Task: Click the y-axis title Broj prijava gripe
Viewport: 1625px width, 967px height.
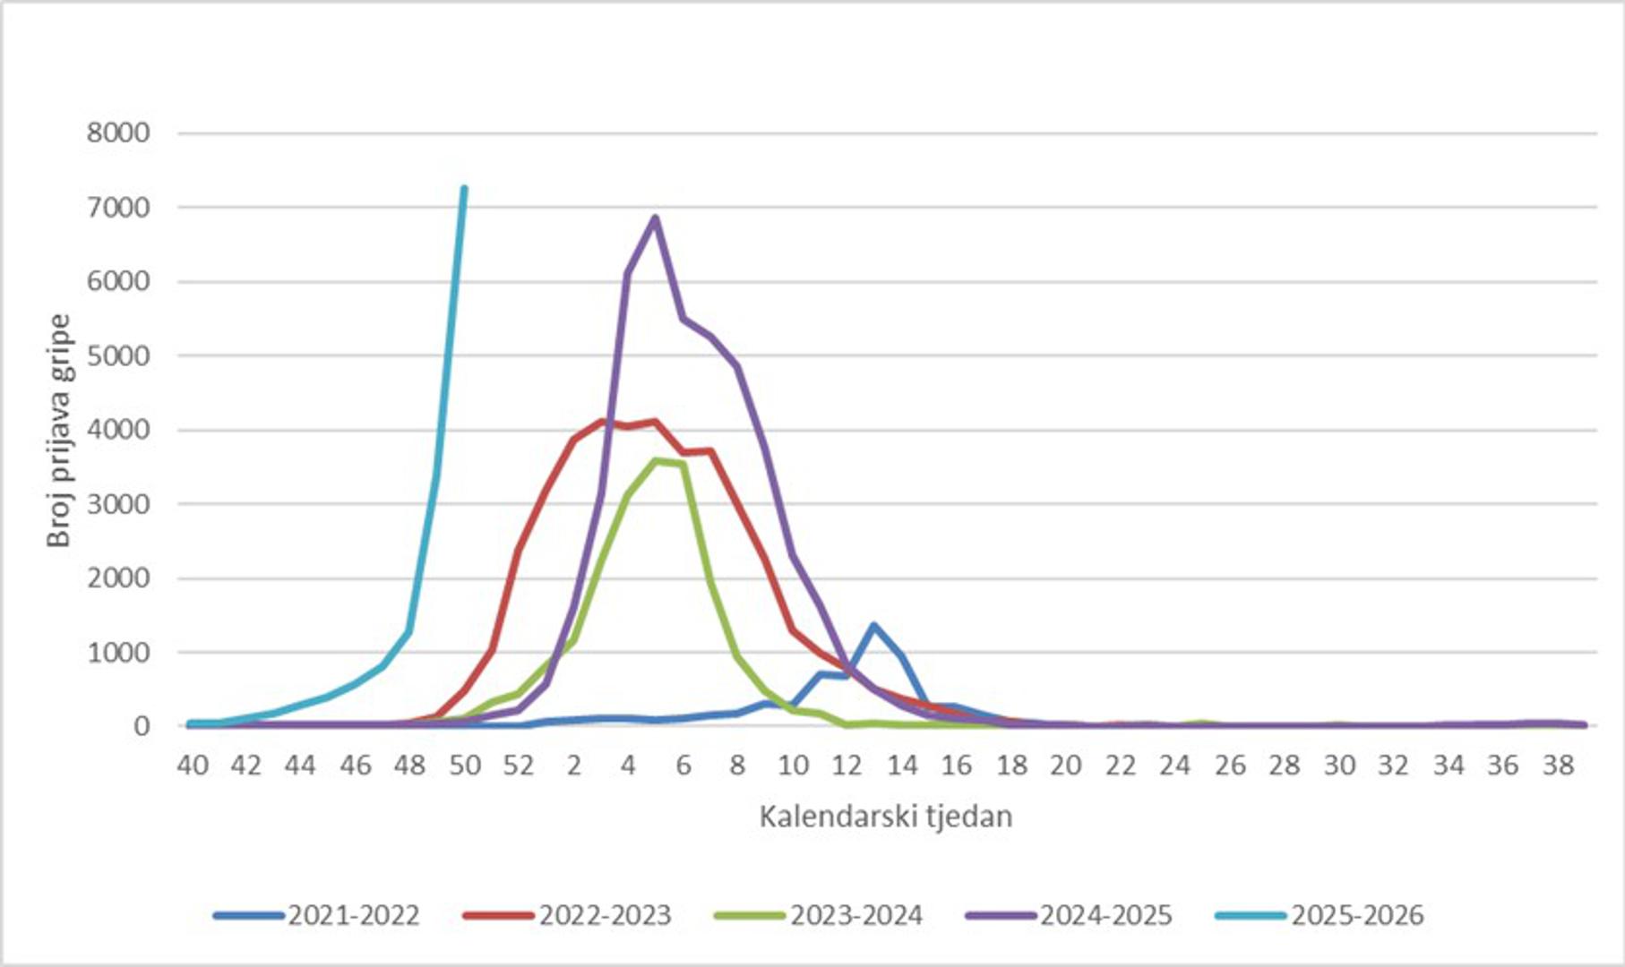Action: pos(59,430)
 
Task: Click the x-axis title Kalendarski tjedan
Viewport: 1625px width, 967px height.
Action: pos(885,817)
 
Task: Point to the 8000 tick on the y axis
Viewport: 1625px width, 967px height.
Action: pos(118,133)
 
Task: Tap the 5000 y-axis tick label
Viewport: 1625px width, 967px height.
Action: pos(118,355)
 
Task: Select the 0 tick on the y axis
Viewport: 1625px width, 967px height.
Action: pos(142,726)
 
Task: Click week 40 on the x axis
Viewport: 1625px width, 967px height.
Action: pos(193,766)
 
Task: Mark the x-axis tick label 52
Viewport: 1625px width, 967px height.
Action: pos(519,766)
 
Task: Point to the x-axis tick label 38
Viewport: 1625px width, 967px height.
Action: pos(1559,766)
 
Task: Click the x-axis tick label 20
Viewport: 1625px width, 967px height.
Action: pos(1066,766)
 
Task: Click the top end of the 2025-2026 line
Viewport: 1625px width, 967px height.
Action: pos(463,188)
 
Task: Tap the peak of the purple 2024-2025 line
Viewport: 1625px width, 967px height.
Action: pos(655,218)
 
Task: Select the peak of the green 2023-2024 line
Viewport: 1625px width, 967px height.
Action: pos(656,460)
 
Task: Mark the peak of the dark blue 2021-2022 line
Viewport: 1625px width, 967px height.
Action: pos(873,625)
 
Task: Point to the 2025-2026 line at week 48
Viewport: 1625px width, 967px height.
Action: pos(409,630)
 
